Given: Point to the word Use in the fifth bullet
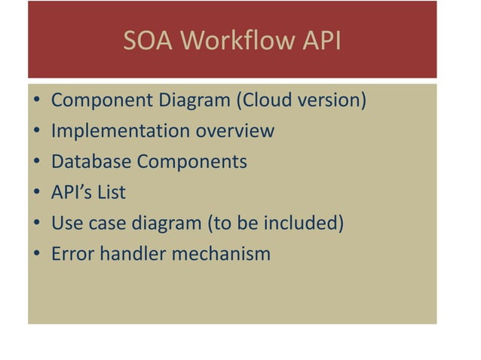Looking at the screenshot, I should [x=66, y=224].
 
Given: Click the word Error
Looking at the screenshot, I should [x=71, y=254].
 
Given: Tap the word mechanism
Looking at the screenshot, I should [x=222, y=254].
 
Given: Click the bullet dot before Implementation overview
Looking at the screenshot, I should [x=38, y=132].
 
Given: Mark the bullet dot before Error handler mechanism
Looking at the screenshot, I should [x=38, y=255].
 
